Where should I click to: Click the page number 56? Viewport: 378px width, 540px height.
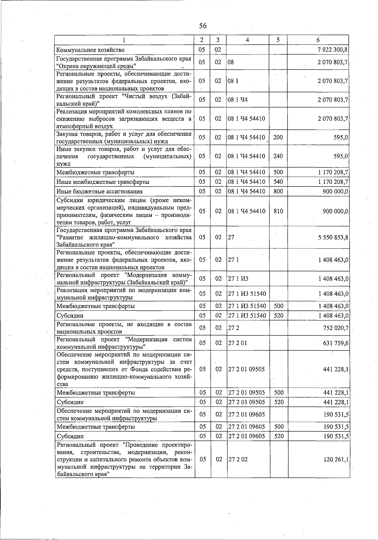coord(203,26)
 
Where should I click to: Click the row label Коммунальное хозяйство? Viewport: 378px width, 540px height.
coord(90,50)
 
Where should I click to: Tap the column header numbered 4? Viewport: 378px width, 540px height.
coord(248,40)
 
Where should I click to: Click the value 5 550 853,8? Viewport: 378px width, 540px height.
coord(333,237)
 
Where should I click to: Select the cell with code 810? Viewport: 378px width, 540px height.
coord(278,211)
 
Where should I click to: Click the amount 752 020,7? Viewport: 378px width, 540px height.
coord(336,328)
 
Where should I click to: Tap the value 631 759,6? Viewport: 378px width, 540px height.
coord(336,343)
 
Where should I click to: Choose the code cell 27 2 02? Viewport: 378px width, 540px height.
coord(238,459)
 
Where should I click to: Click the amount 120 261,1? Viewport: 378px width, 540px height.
coord(336,459)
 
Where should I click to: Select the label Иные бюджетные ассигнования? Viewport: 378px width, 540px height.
coord(100,191)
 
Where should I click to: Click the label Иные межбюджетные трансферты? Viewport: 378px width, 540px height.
coord(103,182)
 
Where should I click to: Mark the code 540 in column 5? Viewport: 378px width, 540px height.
coord(278,182)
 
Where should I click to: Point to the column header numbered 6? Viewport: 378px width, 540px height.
coord(318,40)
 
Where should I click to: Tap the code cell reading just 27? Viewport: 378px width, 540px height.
coord(231,237)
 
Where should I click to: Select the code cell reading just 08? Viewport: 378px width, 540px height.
coord(231,62)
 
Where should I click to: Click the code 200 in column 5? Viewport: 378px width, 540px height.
coord(278,137)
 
